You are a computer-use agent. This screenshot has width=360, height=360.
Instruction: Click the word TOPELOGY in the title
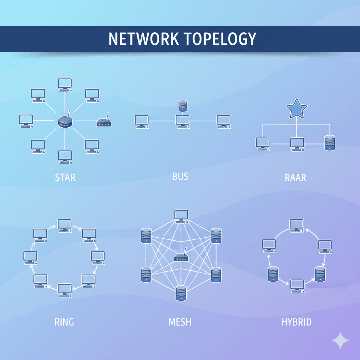(219, 39)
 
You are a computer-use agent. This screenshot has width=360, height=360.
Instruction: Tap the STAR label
(65, 177)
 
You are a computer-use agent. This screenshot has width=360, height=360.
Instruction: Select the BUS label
(180, 176)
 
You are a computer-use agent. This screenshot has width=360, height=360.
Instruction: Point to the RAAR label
(295, 177)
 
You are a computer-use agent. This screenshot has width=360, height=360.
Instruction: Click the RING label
(64, 321)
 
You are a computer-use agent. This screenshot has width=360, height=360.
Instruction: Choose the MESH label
(180, 321)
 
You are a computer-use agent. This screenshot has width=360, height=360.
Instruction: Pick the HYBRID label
(296, 321)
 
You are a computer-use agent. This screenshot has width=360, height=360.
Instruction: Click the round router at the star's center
(65, 122)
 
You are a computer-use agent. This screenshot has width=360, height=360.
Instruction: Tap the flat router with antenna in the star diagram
(104, 122)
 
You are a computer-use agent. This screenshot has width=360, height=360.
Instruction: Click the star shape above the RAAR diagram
(297, 110)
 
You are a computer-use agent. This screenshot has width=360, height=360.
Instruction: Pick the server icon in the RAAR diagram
(329, 143)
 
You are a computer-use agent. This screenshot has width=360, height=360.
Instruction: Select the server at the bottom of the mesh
(181, 293)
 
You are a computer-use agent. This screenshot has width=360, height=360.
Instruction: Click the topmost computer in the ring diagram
(65, 225)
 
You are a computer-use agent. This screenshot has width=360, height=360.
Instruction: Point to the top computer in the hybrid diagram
(297, 225)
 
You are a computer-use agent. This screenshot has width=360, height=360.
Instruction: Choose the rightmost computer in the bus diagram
(223, 121)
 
